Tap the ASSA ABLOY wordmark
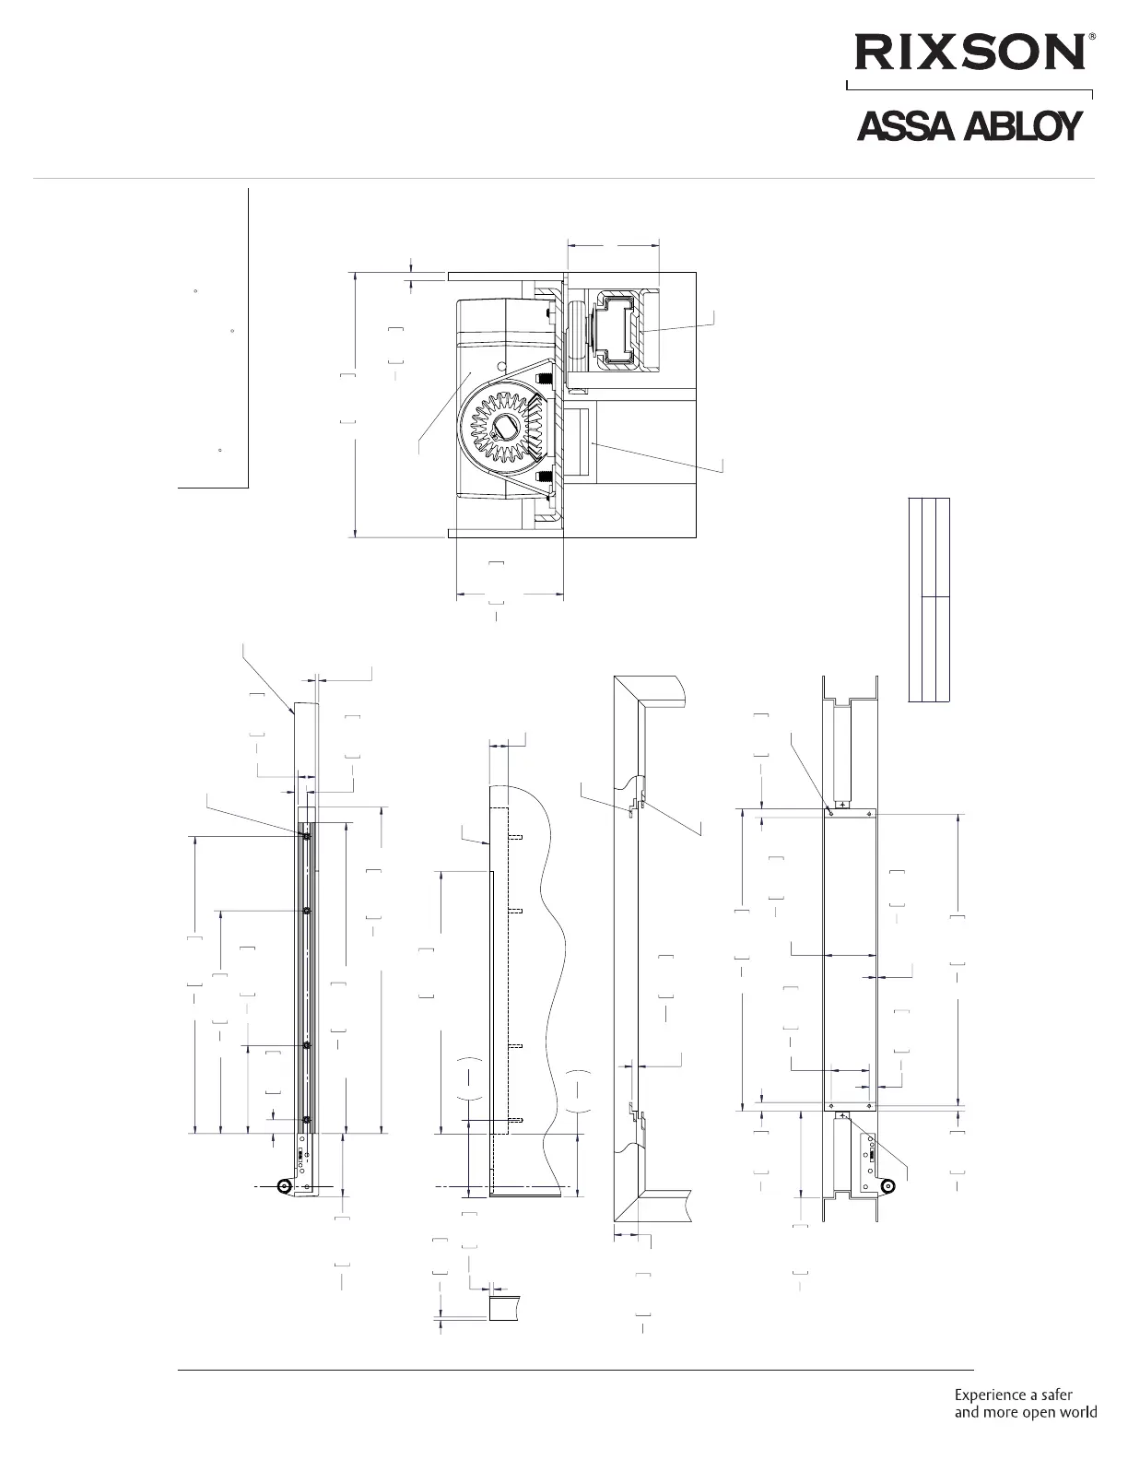tap(968, 128)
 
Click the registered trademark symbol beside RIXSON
tap(1093, 38)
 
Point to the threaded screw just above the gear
tap(544, 378)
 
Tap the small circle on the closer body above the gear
tap(500, 367)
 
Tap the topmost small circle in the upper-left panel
tap(196, 291)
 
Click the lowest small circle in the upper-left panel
tap(219, 450)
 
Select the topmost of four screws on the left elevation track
tap(306, 836)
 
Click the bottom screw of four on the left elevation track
tap(306, 1120)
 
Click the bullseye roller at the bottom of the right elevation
tap(887, 1186)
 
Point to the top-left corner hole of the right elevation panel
tap(830, 814)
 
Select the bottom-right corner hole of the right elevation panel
tap(870, 1104)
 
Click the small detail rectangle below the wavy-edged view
tap(504, 1308)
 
